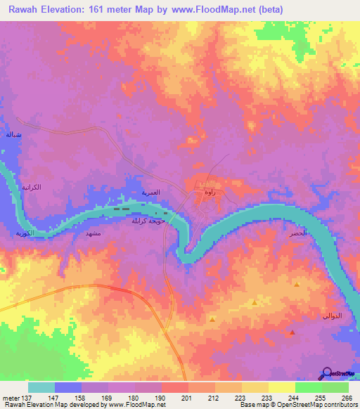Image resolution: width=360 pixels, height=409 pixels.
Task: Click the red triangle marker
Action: pos(292,332)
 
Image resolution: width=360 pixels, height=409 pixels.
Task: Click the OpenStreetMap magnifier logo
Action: pos(326,373)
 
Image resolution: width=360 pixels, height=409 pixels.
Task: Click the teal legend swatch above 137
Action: pos(41,387)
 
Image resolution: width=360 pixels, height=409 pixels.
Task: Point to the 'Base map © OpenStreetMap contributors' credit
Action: pos(297,405)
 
